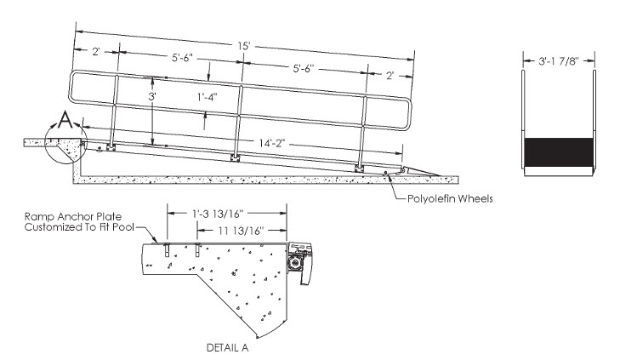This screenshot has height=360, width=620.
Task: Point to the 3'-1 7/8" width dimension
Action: point(558,61)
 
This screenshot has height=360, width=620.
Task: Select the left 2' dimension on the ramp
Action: point(97,51)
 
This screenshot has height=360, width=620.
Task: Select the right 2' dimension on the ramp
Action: point(389,76)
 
